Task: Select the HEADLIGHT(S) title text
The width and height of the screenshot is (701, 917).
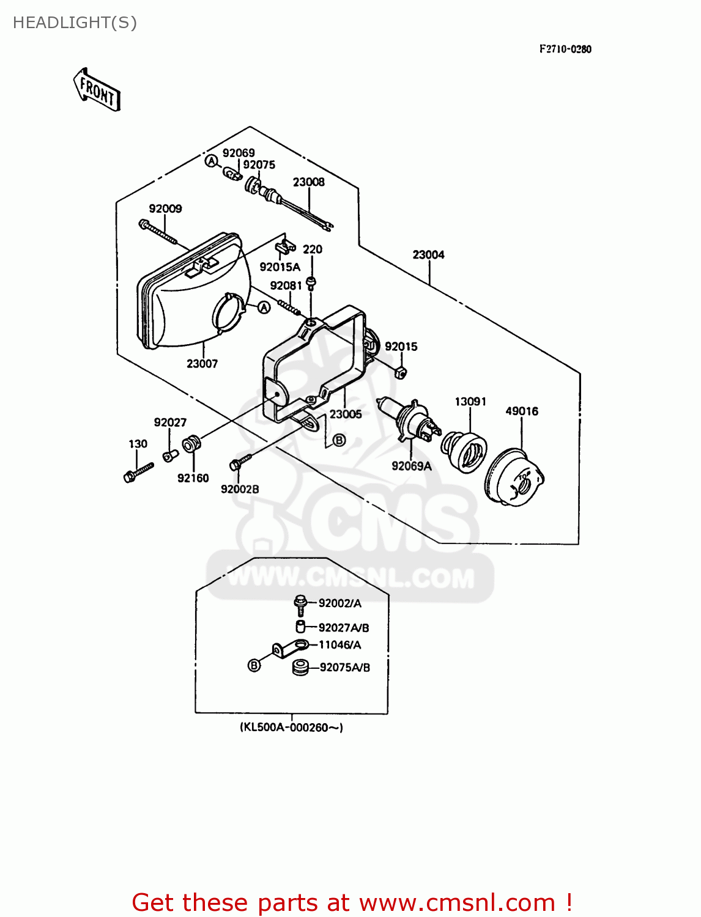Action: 75,23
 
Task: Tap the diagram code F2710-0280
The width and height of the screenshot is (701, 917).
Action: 565,49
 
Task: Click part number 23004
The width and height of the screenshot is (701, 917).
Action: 428,254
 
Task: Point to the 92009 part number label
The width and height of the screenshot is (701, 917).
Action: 165,208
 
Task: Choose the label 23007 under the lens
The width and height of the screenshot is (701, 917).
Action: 202,364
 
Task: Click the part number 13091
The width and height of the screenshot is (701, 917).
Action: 470,402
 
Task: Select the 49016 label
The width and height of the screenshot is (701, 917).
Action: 521,411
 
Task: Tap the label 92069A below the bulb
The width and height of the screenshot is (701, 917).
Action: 411,466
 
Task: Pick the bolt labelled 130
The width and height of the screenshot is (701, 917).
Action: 138,473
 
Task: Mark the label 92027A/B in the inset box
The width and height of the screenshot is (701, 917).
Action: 344,628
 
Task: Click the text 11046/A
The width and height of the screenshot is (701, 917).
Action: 339,645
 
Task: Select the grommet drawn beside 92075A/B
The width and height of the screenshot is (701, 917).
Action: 300,667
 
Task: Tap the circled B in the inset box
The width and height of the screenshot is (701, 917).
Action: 254,665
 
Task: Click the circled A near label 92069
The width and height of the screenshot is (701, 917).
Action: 211,161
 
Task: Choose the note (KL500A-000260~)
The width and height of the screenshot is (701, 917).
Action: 291,727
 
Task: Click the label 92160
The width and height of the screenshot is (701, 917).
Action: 193,478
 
